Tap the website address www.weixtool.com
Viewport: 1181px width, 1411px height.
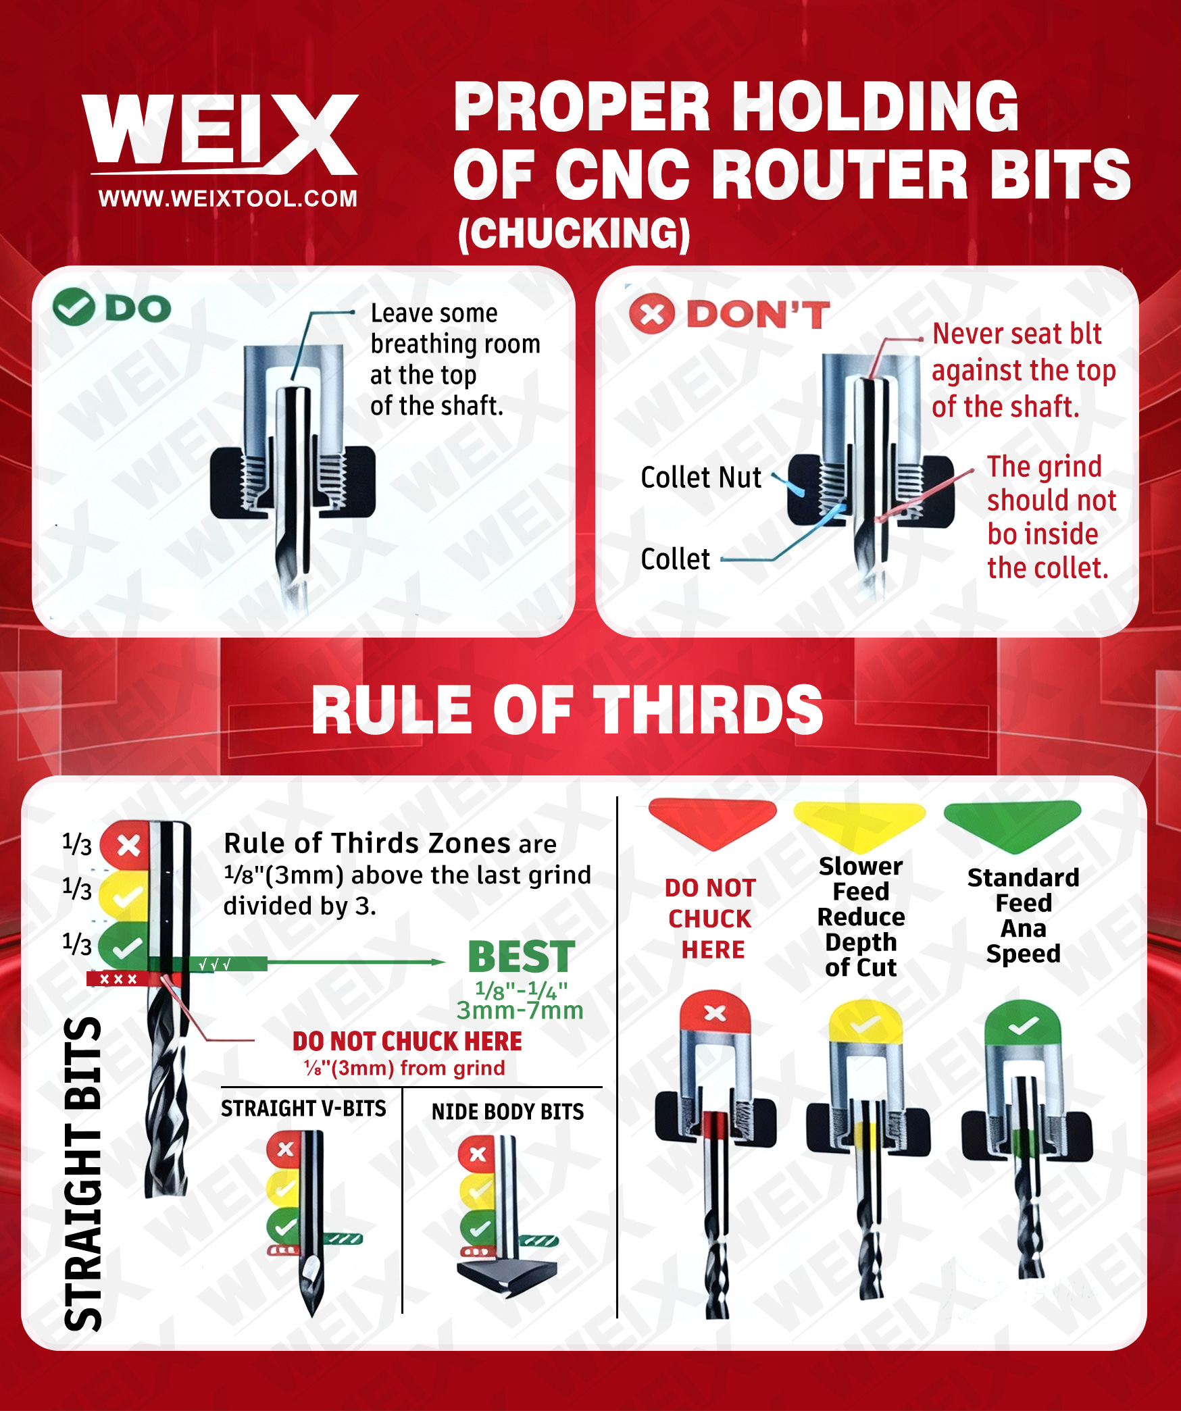point(228,199)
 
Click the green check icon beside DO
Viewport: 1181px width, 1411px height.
point(73,307)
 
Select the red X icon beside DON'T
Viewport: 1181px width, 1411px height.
point(651,314)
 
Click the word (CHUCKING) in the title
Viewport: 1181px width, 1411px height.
point(574,234)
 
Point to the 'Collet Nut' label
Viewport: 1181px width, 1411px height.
point(701,478)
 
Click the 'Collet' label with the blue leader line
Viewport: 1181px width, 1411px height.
point(676,559)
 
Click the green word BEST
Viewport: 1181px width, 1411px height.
point(522,956)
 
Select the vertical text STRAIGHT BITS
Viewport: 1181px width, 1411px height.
point(83,1173)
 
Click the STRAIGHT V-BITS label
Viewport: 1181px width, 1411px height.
point(303,1108)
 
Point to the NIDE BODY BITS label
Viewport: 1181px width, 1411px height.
point(507,1112)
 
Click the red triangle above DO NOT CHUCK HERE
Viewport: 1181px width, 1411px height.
point(712,821)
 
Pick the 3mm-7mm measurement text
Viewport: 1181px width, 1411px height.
point(520,1010)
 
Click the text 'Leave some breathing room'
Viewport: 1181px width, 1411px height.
point(455,329)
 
